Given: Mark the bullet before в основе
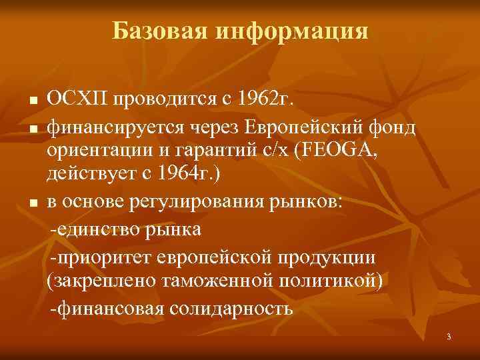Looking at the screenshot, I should pyautogui.click(x=33, y=205).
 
